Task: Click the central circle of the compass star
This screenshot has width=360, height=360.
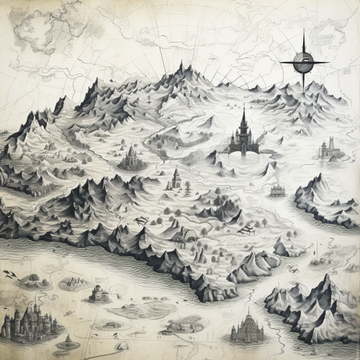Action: pos(304,63)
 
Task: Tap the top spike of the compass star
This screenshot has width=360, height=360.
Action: pos(304,35)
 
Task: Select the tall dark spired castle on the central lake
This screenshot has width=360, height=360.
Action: pos(243,137)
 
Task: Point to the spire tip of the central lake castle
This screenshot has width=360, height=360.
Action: pos(243,107)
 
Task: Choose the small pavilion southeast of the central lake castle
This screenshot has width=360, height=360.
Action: pos(277,190)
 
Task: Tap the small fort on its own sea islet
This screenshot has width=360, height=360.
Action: pos(99,293)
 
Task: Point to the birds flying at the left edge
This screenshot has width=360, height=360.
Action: pos(9,274)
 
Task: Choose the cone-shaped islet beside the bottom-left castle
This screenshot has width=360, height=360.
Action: pos(68,341)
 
